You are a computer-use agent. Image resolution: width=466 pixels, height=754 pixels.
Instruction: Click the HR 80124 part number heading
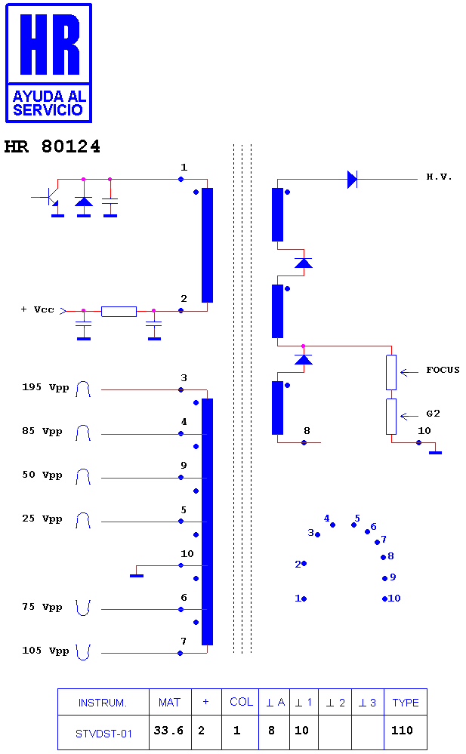point(52,146)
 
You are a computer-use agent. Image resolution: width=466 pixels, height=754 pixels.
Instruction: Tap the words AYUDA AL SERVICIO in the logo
point(49,103)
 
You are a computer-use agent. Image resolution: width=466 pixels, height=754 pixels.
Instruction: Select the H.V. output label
point(439,177)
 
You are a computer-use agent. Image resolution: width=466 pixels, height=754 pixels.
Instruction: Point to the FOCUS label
point(443,370)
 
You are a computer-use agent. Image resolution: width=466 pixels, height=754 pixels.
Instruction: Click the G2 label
point(433,414)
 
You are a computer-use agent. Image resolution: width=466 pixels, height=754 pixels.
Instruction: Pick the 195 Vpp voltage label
point(45,388)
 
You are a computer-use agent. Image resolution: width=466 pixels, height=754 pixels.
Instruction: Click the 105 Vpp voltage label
point(45,651)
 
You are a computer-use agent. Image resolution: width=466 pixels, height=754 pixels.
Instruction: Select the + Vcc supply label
point(37,309)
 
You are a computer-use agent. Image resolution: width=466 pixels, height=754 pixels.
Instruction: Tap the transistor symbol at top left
point(52,198)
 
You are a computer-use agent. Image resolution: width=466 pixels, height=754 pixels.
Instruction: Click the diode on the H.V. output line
point(353,180)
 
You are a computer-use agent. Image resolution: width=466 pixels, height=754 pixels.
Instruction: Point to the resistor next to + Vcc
point(119,311)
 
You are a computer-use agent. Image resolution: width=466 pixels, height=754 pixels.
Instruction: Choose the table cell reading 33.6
point(168,731)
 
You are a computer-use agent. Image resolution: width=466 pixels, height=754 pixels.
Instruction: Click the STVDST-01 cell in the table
point(103,734)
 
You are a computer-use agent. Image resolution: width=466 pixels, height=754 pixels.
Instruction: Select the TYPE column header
point(406,703)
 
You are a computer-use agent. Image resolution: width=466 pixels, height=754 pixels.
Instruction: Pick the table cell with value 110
point(402,731)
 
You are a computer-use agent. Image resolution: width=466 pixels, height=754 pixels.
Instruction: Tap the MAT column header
point(169,703)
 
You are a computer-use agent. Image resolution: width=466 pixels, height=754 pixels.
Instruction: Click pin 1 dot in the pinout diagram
point(304,599)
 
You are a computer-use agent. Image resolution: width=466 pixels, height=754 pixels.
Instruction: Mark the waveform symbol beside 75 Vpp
point(83,608)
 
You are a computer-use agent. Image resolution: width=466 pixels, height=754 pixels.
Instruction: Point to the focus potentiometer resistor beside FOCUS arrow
point(391,372)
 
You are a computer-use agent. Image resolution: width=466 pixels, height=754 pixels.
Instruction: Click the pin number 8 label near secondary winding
point(307,431)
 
